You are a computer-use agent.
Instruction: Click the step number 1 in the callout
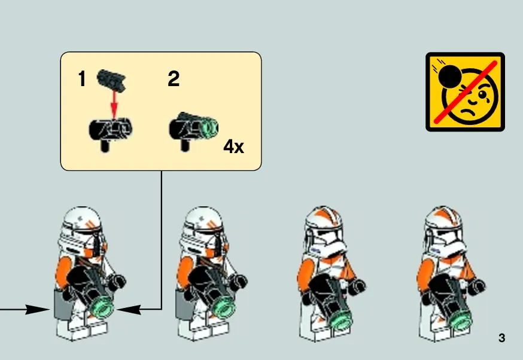pos(82,79)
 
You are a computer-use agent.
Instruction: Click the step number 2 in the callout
pos(174,79)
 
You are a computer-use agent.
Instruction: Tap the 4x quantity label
pos(233,147)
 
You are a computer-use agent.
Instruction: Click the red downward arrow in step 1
pos(114,104)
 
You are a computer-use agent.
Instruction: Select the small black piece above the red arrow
pos(111,80)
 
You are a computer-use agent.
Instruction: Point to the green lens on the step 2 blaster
pos(210,127)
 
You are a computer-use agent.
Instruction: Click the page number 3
pos(501,338)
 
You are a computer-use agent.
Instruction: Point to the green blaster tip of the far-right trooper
pos(461,319)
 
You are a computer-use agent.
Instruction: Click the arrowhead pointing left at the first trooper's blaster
pos(129,309)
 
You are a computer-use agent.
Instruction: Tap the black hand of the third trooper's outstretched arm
pos(358,286)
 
